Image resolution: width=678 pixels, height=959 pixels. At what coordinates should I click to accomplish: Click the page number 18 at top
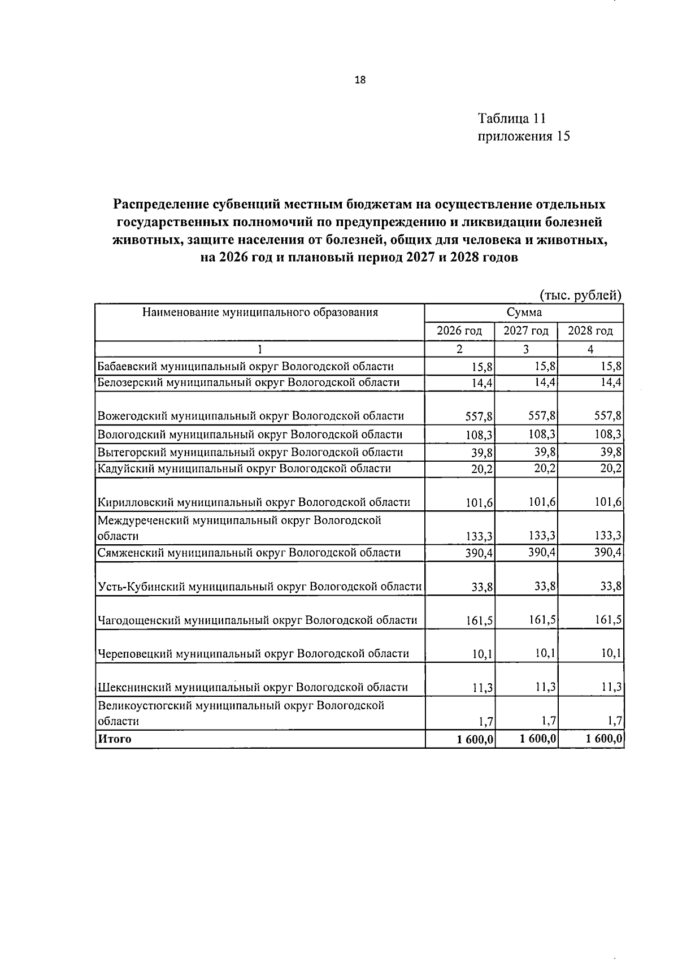(x=360, y=80)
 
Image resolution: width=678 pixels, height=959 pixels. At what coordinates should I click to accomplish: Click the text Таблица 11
(x=512, y=119)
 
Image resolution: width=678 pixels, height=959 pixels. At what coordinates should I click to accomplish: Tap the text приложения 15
(x=524, y=136)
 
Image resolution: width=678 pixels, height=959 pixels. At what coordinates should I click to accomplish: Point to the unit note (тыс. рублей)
(x=580, y=295)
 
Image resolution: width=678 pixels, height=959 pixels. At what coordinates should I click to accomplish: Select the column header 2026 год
(x=459, y=331)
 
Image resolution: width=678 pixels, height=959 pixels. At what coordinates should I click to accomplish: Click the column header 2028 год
(x=590, y=331)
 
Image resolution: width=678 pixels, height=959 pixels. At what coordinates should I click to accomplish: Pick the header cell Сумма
(x=524, y=313)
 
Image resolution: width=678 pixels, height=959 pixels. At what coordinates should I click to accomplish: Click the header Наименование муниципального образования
(x=260, y=312)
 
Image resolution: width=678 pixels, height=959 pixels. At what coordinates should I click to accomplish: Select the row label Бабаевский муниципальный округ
(x=245, y=366)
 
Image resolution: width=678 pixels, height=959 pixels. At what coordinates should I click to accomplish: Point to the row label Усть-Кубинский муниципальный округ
(x=259, y=587)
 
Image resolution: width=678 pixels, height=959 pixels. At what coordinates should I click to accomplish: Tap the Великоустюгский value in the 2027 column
(x=548, y=721)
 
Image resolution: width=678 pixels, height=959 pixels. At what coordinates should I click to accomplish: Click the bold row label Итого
(x=115, y=739)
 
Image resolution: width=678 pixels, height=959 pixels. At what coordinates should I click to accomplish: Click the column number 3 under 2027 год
(x=525, y=349)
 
